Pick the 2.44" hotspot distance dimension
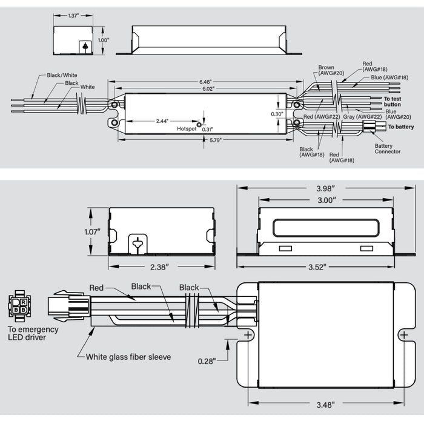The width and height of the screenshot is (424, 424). (162, 121)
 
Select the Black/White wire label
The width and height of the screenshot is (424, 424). (62, 76)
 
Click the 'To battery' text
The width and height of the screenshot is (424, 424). (401, 127)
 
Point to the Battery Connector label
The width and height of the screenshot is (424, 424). (387, 149)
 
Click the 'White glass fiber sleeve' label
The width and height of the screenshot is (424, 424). (128, 357)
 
